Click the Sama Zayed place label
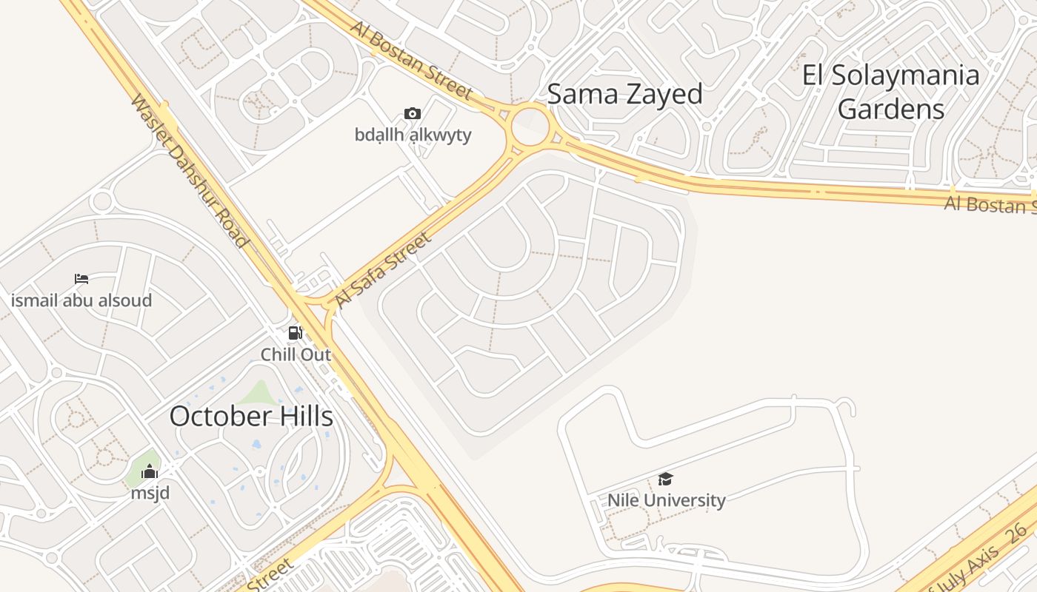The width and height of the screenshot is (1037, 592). tap(624, 95)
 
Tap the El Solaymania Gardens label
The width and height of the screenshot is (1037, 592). tap(891, 92)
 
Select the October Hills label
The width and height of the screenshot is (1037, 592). tap(251, 417)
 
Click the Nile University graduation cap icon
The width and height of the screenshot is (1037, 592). tap(665, 480)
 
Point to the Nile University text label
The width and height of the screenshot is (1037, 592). tap(666, 500)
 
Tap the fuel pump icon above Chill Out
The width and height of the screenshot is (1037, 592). tap(295, 334)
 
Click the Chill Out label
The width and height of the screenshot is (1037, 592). tap(295, 354)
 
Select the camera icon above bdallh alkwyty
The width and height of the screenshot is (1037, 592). tap(413, 114)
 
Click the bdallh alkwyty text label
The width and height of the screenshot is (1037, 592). tap(413, 135)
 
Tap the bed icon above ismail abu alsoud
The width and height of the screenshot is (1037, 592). tap(81, 279)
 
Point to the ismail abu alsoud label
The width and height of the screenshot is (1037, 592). tap(81, 300)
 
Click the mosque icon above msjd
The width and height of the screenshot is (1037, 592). tap(150, 471)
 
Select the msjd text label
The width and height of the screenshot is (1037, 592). tap(150, 492)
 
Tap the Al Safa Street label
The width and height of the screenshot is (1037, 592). tap(382, 270)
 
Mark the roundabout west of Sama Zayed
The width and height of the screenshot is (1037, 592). tap(530, 127)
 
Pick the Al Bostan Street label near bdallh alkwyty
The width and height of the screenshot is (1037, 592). tap(411, 60)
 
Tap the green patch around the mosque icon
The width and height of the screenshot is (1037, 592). tap(141, 466)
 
